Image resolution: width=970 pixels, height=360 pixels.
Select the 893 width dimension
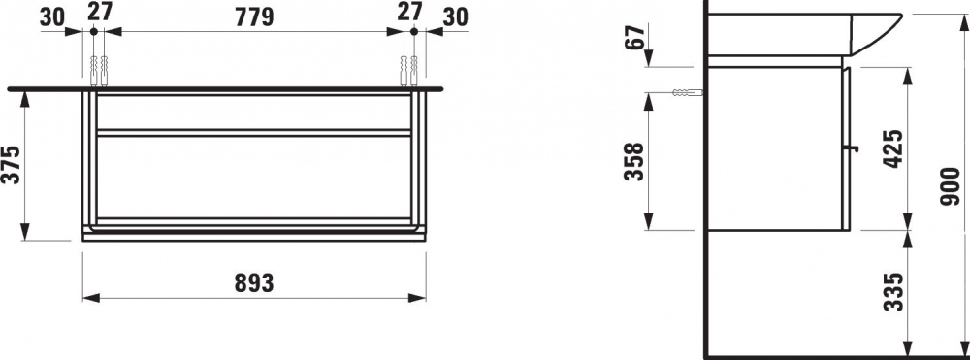click(253, 283)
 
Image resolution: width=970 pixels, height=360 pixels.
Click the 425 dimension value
click(892, 149)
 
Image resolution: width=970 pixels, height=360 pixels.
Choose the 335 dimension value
click(892, 291)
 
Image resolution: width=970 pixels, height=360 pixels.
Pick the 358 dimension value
click(633, 161)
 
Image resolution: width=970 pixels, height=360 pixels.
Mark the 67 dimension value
click(634, 37)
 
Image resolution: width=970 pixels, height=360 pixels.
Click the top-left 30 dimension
click(52, 17)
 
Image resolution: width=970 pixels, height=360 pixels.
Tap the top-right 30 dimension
click(455, 17)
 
